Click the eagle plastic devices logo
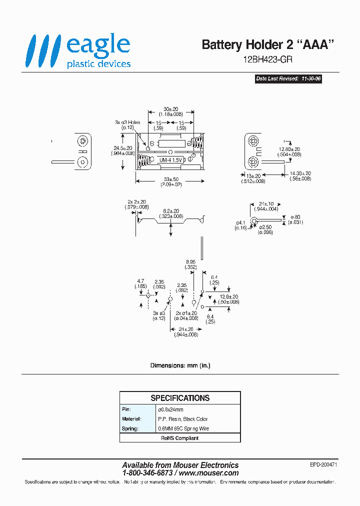pos(78,51)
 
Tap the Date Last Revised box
pos(287,79)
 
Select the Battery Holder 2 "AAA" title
pos(267,44)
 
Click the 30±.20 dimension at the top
pos(171,109)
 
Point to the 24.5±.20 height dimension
pos(122,148)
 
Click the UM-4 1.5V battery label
pos(172,160)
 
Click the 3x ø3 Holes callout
pos(127,122)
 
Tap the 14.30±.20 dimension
pos(300,173)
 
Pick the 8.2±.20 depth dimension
pos(171,211)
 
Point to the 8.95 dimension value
pos(190,261)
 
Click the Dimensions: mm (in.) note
pos(180,365)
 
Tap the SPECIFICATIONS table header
pos(180,398)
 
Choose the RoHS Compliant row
pos(180,438)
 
